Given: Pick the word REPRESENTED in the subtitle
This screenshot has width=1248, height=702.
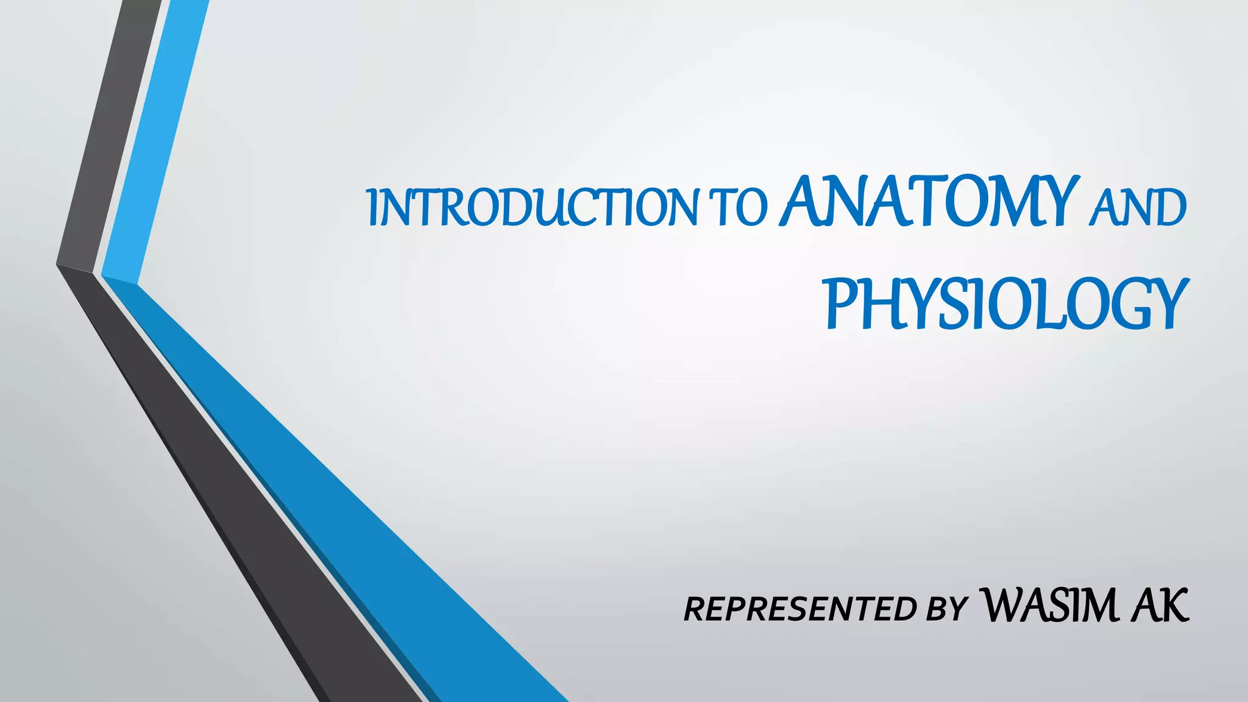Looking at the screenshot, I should pyautogui.click(x=799, y=609).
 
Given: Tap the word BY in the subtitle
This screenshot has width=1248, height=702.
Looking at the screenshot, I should pyautogui.click(x=946, y=609).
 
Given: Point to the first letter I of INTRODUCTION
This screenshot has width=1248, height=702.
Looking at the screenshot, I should pyautogui.click(x=373, y=208).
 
